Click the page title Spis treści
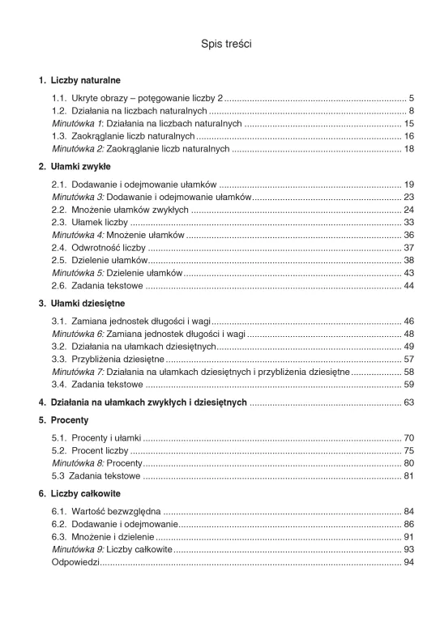click(226, 44)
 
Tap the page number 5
click(412, 98)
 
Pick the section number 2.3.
click(58, 222)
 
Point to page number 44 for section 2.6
click(408, 286)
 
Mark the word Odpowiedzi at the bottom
click(75, 561)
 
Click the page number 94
click(408, 561)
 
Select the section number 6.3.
click(58, 536)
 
